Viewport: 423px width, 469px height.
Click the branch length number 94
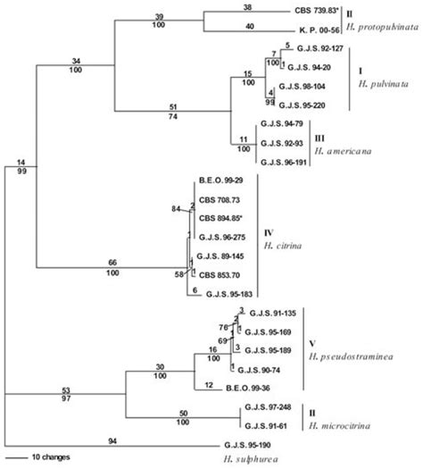(113, 438)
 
